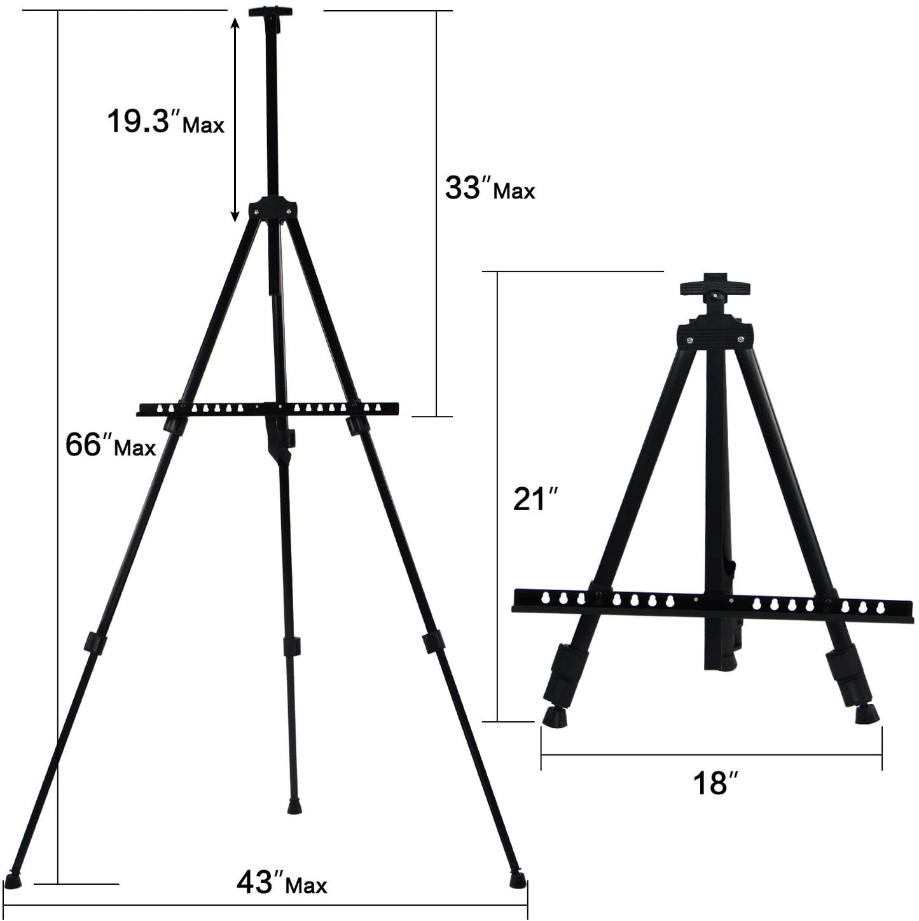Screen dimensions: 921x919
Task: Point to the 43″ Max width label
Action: [282, 883]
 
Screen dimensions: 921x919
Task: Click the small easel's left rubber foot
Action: [556, 717]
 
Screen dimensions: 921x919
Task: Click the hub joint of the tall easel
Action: [272, 208]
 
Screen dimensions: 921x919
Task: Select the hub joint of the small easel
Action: [715, 335]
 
